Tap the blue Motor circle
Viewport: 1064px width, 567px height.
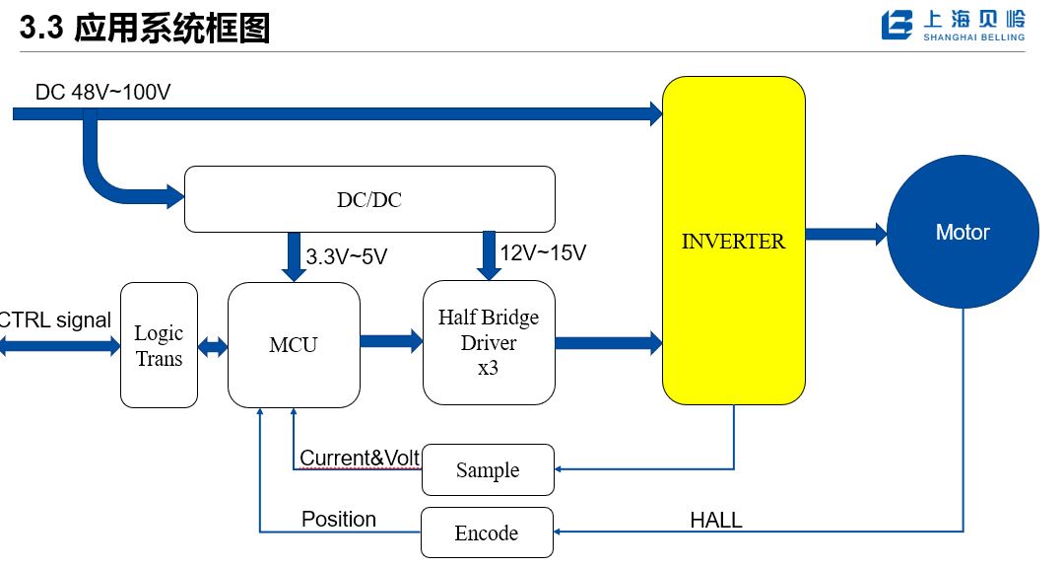(963, 233)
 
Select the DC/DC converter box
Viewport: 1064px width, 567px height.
(369, 199)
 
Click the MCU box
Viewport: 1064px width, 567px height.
(294, 345)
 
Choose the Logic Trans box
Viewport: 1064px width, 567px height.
(159, 345)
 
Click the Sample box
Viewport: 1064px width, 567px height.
(488, 470)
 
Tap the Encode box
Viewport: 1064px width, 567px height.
(487, 532)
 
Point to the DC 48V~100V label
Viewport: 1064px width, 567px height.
(103, 93)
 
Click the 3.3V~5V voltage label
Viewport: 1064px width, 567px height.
(347, 257)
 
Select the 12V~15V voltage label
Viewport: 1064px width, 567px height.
(543, 253)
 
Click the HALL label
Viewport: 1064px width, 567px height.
(716, 520)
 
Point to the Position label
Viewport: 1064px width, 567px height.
(339, 519)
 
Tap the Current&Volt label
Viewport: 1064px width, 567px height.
(360, 458)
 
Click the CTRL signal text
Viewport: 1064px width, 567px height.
(55, 320)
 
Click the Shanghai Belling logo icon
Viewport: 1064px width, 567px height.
(898, 26)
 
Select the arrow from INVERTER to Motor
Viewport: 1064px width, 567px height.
(846, 235)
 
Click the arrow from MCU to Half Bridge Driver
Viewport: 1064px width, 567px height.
(391, 342)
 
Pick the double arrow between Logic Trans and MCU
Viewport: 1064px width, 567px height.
(213, 347)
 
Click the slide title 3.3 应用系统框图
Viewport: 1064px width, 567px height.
(145, 29)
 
